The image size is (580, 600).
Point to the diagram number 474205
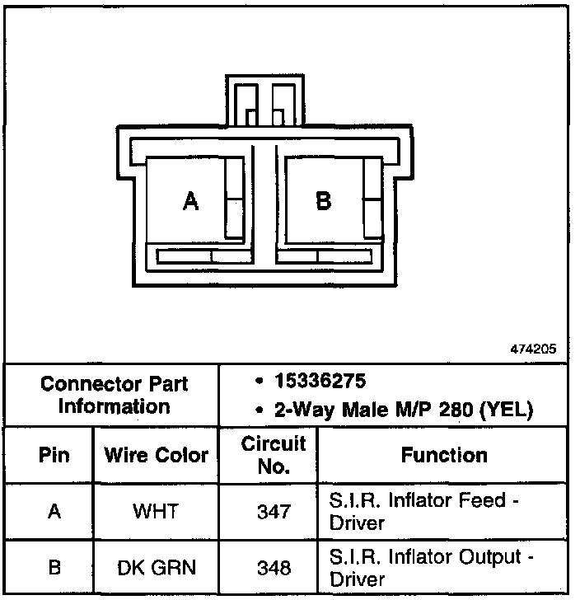click(x=534, y=349)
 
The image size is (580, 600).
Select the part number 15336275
click(x=321, y=383)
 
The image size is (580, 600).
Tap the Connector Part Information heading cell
click(x=115, y=395)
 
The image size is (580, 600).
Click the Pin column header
click(x=54, y=455)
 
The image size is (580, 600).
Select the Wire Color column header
click(x=157, y=455)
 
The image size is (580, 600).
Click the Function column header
click(x=444, y=455)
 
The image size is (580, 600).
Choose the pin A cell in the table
click(x=54, y=511)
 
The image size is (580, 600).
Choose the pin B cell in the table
click(x=54, y=567)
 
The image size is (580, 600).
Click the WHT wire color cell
click(x=157, y=511)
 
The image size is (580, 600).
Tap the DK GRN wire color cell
click(x=157, y=567)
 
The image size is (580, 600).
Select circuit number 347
click(x=273, y=511)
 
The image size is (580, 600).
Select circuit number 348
click(x=273, y=567)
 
